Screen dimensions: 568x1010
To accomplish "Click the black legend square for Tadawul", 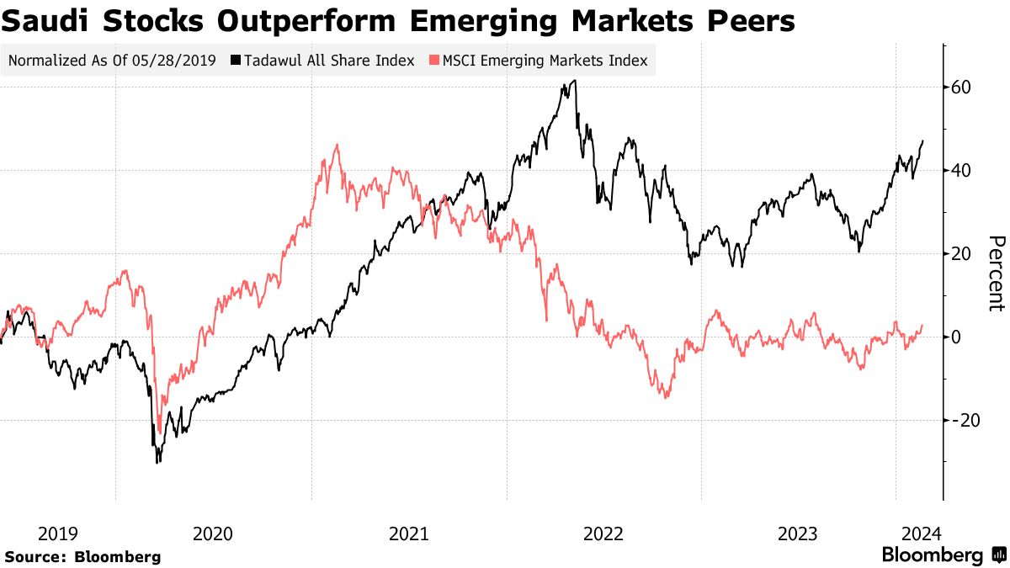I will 237,61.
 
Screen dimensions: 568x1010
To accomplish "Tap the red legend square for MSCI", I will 434,61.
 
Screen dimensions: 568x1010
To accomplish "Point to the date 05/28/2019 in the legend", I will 176,61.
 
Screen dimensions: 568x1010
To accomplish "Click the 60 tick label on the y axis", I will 962,88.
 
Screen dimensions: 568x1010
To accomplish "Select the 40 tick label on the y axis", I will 962,171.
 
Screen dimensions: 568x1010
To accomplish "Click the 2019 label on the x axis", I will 58,533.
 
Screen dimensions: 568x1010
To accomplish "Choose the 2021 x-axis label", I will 409,533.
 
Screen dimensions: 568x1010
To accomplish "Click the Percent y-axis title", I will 997,273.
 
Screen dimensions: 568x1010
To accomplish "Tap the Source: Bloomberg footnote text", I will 82,557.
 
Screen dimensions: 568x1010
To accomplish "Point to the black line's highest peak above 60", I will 574,82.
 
